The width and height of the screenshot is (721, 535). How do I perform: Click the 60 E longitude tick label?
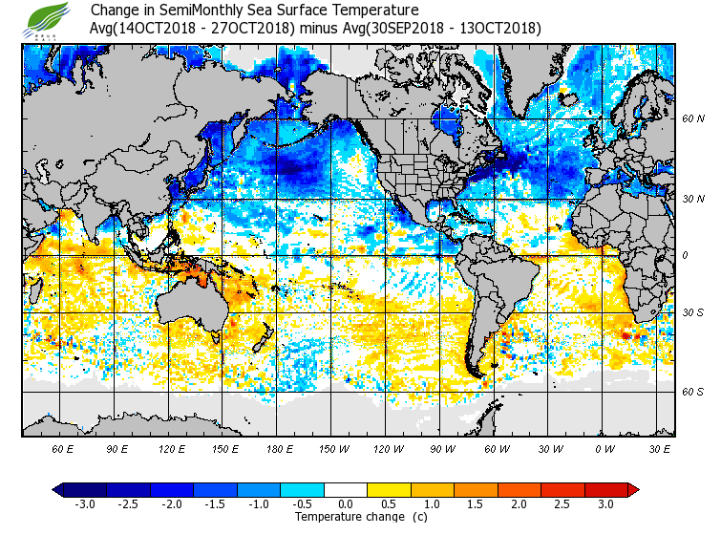(x=63, y=448)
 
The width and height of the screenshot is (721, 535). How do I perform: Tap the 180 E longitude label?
(x=279, y=448)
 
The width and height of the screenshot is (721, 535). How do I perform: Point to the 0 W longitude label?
(x=603, y=448)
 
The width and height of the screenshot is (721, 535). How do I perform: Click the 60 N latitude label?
(x=692, y=119)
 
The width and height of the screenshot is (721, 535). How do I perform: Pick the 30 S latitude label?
(x=692, y=312)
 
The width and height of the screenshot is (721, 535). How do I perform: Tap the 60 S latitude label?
(x=692, y=391)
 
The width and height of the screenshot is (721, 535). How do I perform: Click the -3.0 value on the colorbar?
(x=84, y=503)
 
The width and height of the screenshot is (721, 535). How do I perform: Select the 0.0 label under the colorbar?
(x=345, y=503)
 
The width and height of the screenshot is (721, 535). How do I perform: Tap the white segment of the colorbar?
(x=346, y=489)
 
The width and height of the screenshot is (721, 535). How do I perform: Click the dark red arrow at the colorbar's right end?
(x=632, y=489)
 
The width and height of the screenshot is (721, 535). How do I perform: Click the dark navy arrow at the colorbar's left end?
(x=58, y=489)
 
